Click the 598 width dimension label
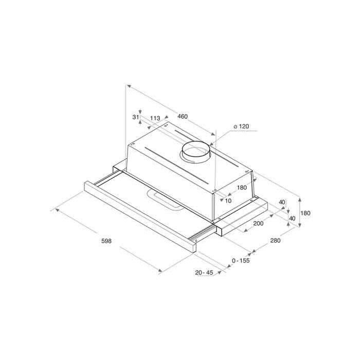pos(106,241)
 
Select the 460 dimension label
pos(183,117)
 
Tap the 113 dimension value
pos(155,118)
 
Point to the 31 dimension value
pos(136,117)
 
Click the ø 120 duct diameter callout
pos(241,127)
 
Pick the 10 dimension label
pos(228,201)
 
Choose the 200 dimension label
pos(258,223)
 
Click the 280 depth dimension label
pos(275,240)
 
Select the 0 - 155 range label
pos(241,261)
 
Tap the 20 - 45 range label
pos(204,273)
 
